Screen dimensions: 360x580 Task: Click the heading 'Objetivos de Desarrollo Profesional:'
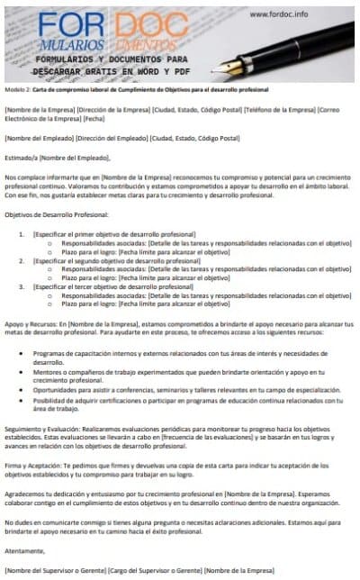[x=57, y=214]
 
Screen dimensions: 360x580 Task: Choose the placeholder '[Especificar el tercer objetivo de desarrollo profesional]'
[x=112, y=287]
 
